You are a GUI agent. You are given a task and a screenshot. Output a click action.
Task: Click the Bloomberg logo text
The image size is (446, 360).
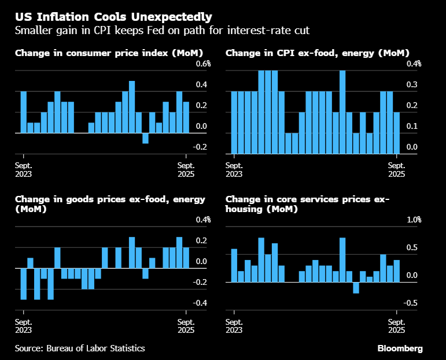tap(400, 348)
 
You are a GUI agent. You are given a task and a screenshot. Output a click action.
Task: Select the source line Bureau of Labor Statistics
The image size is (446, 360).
tap(80, 348)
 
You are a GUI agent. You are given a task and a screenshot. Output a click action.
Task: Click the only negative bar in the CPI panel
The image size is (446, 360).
tap(145, 138)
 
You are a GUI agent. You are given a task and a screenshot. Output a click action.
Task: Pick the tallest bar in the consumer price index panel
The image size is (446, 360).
tap(132, 107)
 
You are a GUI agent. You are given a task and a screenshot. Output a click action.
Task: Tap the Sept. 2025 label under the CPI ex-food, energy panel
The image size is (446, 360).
tap(396, 169)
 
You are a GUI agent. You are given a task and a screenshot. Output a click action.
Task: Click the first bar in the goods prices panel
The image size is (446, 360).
tap(24, 284)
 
